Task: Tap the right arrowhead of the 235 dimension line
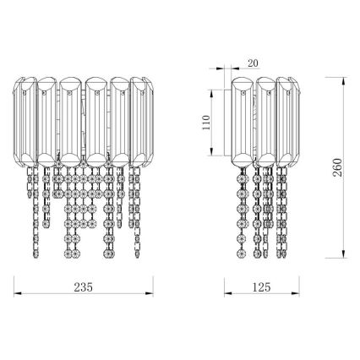[x=149, y=295]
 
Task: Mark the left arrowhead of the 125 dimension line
[x=225, y=295]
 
